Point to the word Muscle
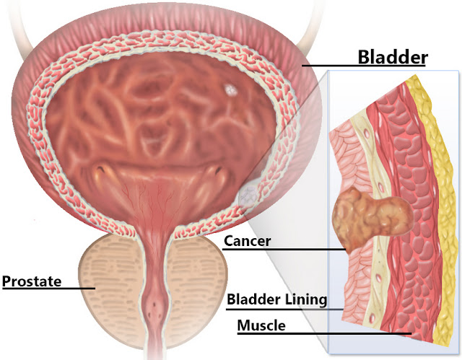tap(261, 325)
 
